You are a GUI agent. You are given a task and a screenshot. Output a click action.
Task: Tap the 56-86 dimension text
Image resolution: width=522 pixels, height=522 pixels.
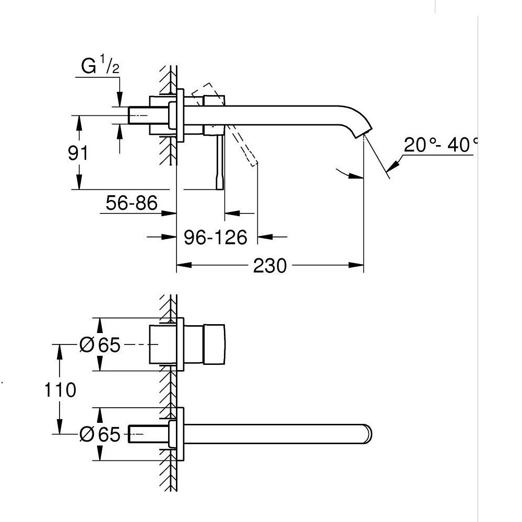[131, 203]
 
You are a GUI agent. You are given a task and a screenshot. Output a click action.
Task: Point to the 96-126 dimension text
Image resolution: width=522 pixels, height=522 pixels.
[216, 238]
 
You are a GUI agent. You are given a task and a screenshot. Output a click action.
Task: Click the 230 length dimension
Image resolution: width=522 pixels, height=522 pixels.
[270, 266]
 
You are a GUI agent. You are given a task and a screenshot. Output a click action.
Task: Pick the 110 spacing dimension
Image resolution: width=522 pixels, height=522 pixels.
[60, 389]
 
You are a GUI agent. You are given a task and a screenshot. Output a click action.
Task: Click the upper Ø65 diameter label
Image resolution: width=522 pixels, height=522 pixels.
[100, 345]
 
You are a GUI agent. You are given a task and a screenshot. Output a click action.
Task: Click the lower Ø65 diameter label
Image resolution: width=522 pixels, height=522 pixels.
[100, 434]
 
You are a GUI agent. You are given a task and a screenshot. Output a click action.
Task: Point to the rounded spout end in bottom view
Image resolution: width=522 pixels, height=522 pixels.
[370, 434]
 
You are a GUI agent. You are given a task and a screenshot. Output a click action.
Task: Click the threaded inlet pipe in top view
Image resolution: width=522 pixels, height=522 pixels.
[139, 115]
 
